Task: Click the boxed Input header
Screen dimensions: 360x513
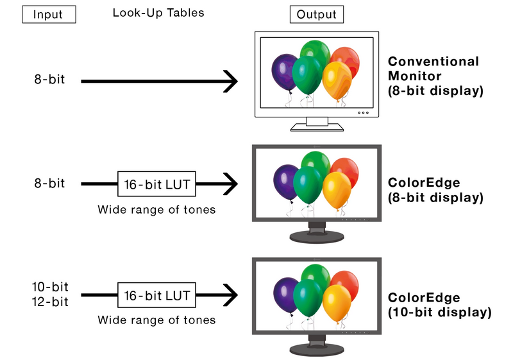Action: (x=49, y=14)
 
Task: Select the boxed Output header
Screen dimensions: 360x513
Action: (x=316, y=14)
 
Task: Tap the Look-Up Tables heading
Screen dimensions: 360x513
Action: (x=158, y=13)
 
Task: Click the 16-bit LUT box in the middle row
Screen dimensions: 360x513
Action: (x=156, y=184)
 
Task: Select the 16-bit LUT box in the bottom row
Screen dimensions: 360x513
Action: (x=156, y=296)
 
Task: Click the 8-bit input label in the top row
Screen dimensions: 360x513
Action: (x=49, y=80)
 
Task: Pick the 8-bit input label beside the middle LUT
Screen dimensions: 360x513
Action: (x=49, y=184)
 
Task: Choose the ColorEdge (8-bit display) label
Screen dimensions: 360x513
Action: (x=435, y=190)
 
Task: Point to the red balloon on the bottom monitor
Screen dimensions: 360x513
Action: (x=344, y=284)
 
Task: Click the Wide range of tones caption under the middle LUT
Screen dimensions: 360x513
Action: (x=156, y=209)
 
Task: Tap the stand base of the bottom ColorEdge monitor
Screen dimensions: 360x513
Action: (x=317, y=350)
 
